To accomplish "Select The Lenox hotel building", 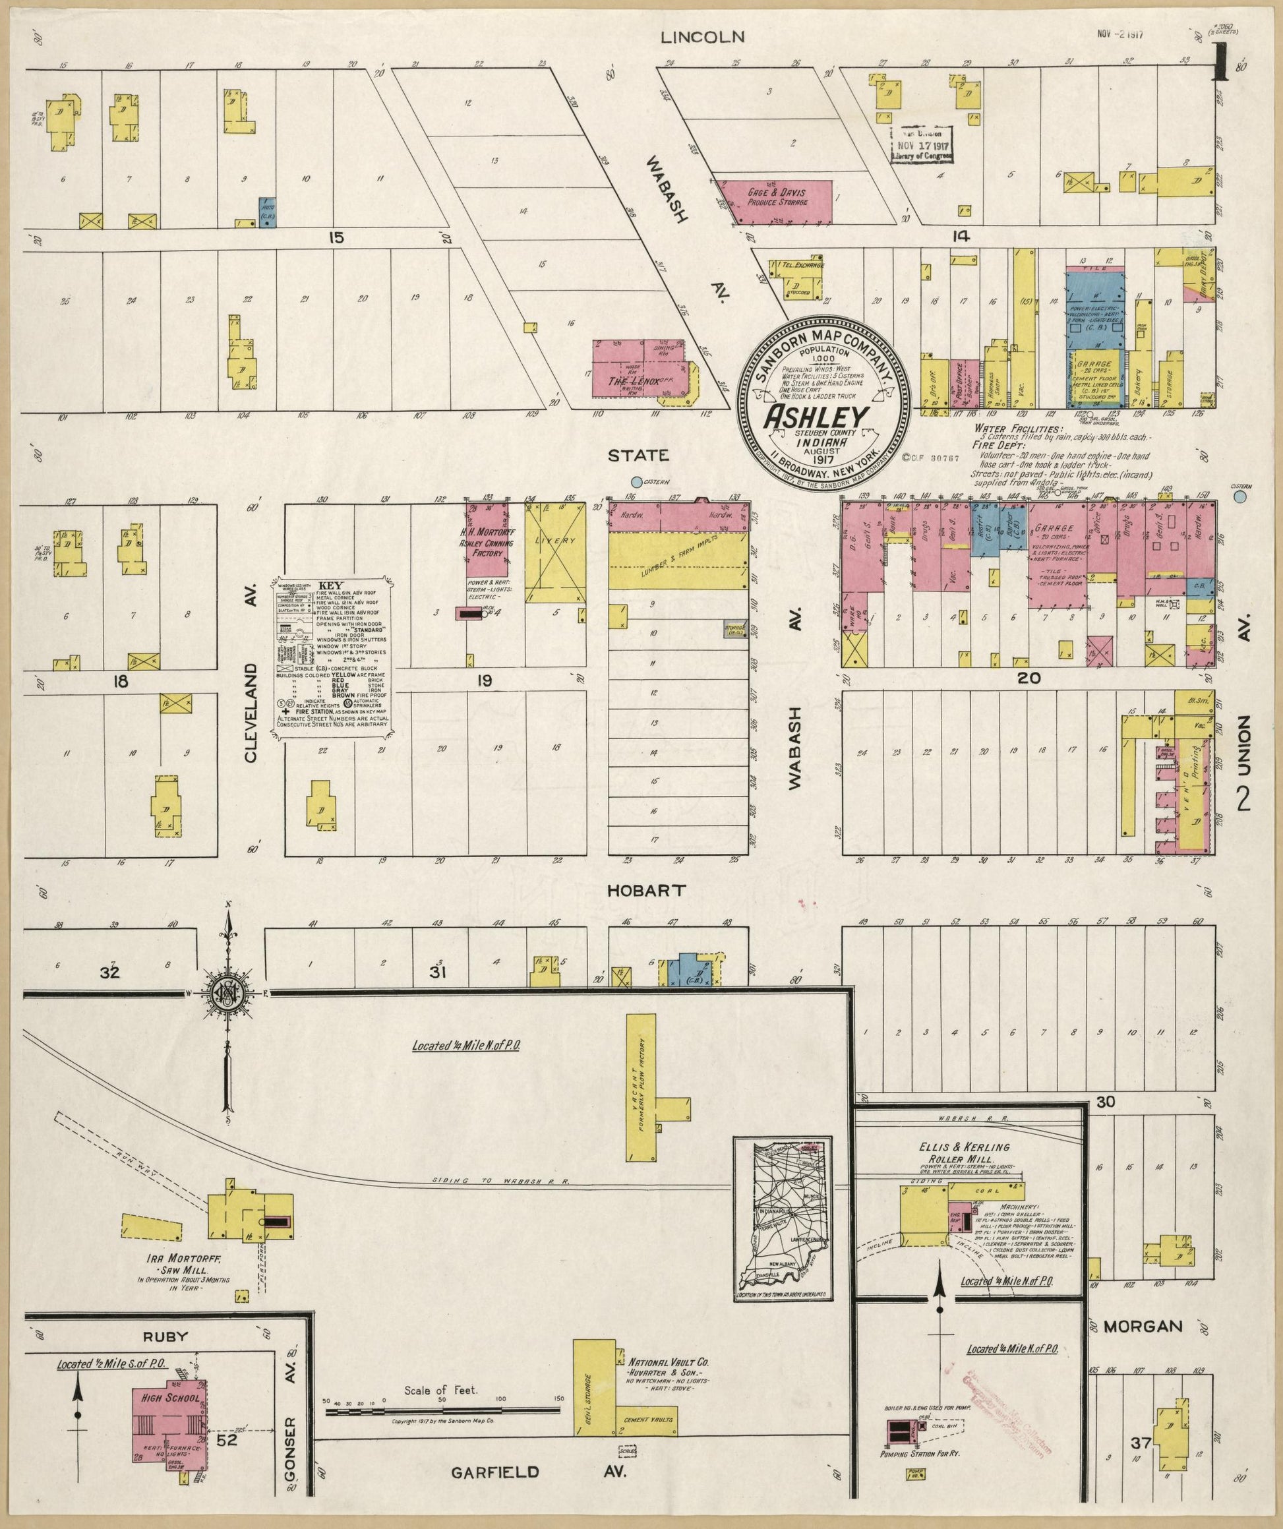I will (x=641, y=368).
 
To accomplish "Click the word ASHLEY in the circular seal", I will (x=816, y=418).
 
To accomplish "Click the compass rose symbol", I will (x=228, y=992).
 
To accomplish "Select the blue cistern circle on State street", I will (x=637, y=482).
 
